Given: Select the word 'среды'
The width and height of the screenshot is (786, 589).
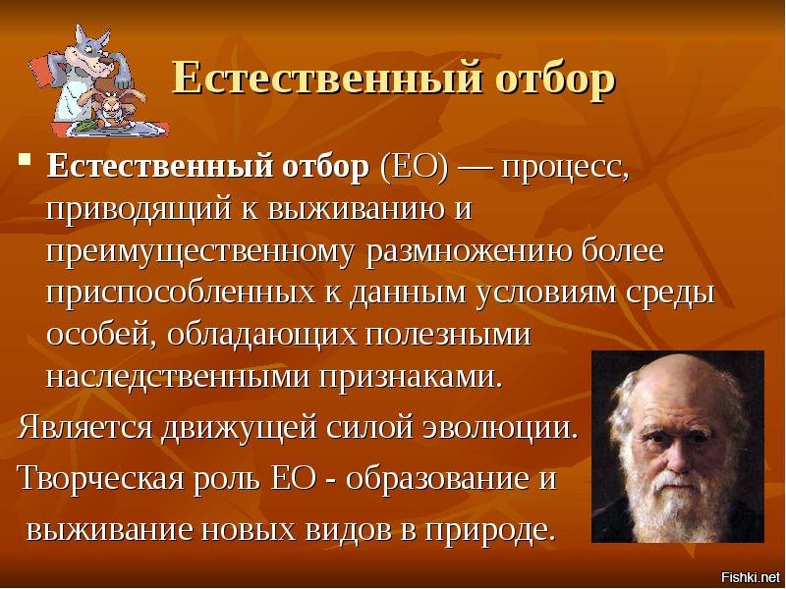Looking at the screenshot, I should click(x=667, y=293).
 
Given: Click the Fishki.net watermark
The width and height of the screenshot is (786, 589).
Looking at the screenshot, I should click(x=750, y=576).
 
